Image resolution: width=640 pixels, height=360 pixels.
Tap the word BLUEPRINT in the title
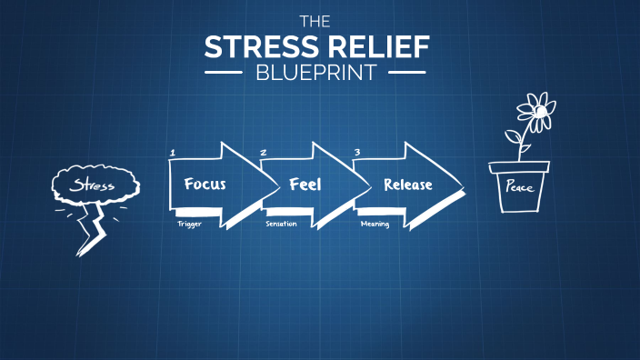click(x=315, y=73)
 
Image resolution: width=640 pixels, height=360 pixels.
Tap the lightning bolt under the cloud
click(x=92, y=228)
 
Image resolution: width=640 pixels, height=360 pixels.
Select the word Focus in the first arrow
click(x=205, y=184)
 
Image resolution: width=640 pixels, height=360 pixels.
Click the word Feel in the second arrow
click(x=305, y=184)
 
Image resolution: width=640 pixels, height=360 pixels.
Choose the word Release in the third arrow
click(x=407, y=184)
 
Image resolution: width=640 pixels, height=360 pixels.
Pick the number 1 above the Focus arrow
click(x=172, y=152)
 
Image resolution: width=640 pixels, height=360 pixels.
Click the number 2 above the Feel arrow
click(x=264, y=152)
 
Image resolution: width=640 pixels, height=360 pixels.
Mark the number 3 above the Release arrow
click(x=357, y=152)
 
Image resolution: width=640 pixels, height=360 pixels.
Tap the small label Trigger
click(x=189, y=224)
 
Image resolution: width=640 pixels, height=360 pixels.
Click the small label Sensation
click(x=281, y=224)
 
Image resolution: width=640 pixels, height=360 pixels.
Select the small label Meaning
click(x=375, y=224)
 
